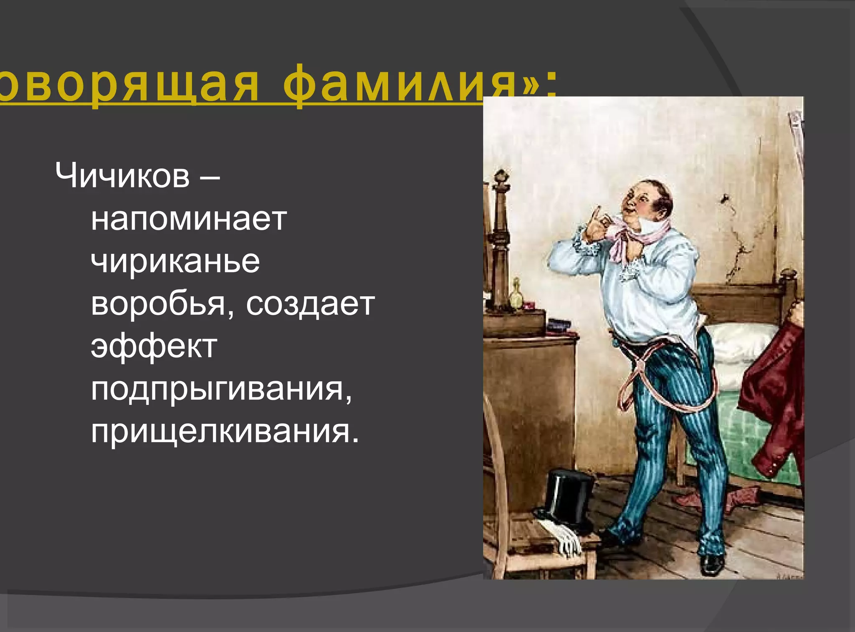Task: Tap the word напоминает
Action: pos(189,219)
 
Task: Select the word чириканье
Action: pos(175,262)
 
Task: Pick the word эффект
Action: pos(154,347)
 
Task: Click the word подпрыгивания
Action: pos(221,389)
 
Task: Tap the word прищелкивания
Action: pos(225,432)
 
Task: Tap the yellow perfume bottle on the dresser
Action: pos(516,294)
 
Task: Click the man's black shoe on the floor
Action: pos(713,564)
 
